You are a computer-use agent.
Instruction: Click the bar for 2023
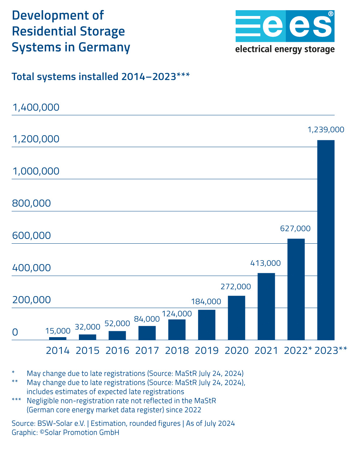click(326, 240)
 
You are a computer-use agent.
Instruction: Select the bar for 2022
click(296, 289)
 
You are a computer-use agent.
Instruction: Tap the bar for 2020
click(236, 318)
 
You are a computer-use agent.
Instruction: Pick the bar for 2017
click(147, 333)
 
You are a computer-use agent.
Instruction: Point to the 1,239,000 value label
click(326, 130)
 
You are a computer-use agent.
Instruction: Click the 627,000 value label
click(295, 229)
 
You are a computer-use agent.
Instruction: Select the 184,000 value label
click(206, 302)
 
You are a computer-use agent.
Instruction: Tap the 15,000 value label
click(58, 331)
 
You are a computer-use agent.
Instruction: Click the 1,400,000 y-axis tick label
click(36, 108)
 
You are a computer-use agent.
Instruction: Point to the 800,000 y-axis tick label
click(32, 203)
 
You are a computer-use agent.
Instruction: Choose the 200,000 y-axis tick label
click(32, 300)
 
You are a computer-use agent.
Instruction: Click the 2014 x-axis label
click(57, 351)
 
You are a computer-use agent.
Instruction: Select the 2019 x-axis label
click(207, 351)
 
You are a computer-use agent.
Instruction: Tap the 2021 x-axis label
click(266, 351)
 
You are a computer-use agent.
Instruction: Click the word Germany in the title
click(104, 48)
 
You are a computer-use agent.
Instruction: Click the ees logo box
click(285, 26)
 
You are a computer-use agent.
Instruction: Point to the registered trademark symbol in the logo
click(331, 14)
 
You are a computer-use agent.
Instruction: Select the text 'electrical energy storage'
click(285, 49)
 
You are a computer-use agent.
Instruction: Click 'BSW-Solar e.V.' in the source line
click(61, 423)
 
